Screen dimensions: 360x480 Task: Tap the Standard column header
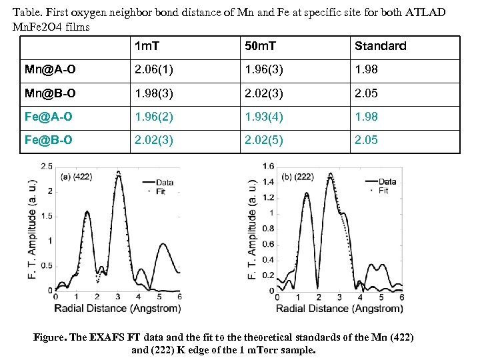coord(380,47)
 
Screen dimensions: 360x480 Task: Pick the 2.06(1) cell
coord(154,70)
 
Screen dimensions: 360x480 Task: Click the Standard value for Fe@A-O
coord(366,117)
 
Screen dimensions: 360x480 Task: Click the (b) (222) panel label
coord(299,177)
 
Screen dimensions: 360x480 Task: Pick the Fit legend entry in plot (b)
coord(383,191)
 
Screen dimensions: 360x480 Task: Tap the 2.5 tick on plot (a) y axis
coord(47,165)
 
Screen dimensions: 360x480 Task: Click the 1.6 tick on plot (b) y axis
coord(268,165)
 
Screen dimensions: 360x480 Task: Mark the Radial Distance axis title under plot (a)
coord(117,308)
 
